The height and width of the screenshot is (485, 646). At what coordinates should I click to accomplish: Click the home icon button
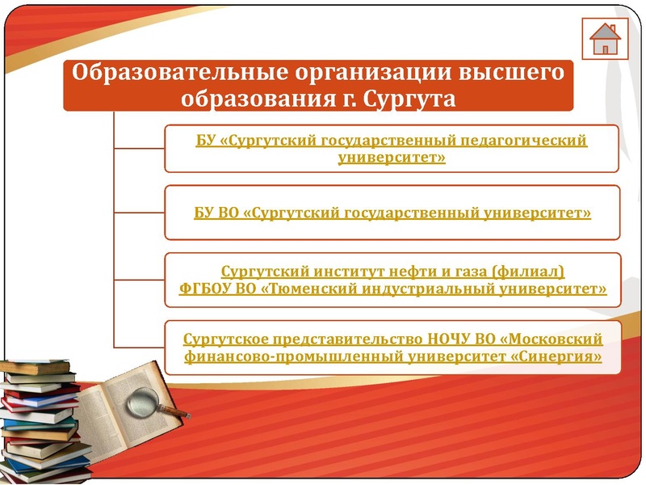tap(604, 38)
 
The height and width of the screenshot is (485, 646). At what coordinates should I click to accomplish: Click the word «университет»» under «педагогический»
tap(392, 157)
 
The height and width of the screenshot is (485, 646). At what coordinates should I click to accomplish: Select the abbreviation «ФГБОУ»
tap(203, 288)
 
